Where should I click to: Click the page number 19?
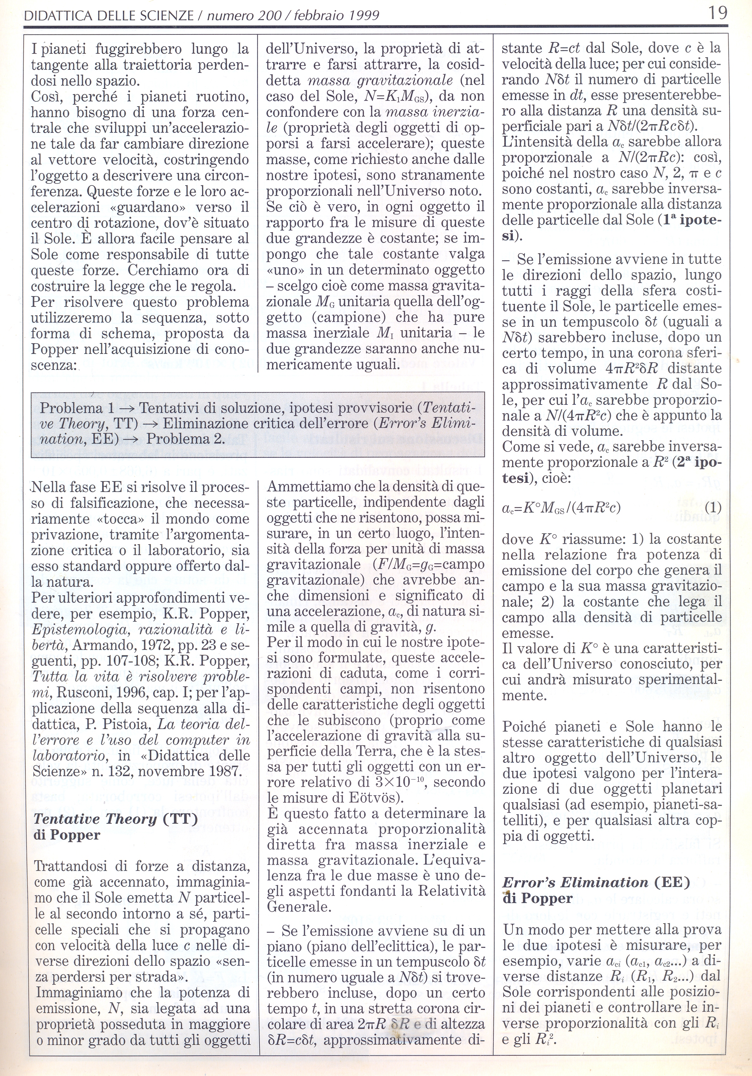tap(718, 13)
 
